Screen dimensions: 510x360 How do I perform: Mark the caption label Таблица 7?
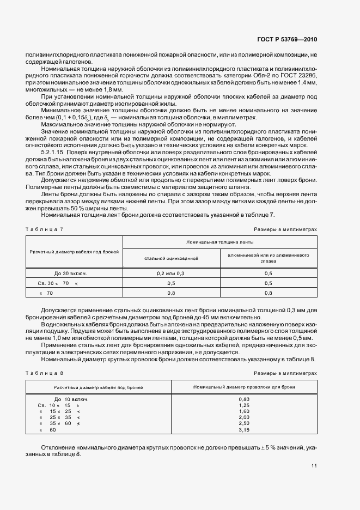coord(45,229)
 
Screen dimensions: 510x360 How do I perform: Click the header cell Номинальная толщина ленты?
coord(219,241)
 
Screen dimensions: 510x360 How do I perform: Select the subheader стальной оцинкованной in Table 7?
coord(171,257)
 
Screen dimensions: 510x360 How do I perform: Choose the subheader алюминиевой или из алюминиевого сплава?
coord(269,257)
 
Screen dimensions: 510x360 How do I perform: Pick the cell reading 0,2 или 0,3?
coord(171,273)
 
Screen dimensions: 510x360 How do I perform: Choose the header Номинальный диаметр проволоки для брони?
coord(244,386)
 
